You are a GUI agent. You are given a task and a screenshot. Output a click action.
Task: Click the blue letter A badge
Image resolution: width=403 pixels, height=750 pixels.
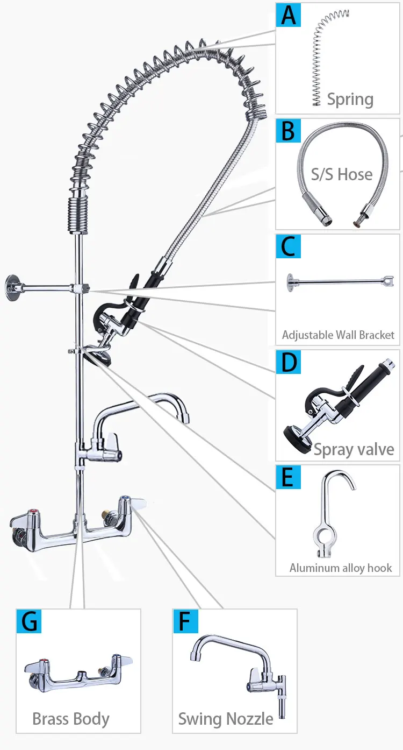click(x=289, y=15)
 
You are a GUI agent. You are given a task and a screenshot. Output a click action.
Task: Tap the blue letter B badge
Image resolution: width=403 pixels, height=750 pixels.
click(x=289, y=131)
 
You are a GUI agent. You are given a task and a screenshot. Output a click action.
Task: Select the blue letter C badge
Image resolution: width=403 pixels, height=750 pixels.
click(x=289, y=246)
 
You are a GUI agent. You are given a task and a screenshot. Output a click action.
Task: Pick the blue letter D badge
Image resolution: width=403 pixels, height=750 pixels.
click(x=289, y=362)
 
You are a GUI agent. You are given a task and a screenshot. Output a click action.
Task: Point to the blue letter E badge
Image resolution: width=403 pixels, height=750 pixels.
click(x=289, y=478)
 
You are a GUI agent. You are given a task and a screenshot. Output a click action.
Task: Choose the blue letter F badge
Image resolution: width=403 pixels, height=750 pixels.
click(x=185, y=621)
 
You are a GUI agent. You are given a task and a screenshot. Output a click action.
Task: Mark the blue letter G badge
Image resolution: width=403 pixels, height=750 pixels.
click(x=29, y=621)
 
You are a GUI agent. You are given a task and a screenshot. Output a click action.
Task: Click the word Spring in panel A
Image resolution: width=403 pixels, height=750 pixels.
click(x=350, y=100)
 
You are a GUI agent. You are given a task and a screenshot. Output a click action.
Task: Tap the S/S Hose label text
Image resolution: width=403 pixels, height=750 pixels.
click(x=341, y=174)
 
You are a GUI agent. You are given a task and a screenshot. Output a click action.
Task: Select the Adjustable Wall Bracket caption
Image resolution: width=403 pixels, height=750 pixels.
click(x=338, y=335)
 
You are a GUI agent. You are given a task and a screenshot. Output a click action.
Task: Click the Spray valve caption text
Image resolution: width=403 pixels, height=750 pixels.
click(x=354, y=450)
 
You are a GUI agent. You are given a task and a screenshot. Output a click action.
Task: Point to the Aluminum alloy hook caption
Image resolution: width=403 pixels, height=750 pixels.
click(x=341, y=568)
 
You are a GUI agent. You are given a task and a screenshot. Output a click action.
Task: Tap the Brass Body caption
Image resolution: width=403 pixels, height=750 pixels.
click(x=71, y=719)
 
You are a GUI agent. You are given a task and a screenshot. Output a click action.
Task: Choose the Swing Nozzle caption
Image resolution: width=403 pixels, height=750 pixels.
click(x=226, y=719)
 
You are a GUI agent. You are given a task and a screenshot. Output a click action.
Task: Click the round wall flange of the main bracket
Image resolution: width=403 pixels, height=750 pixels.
click(x=12, y=288)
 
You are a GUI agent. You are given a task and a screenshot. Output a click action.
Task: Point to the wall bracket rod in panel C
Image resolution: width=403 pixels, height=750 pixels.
click(x=340, y=282)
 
